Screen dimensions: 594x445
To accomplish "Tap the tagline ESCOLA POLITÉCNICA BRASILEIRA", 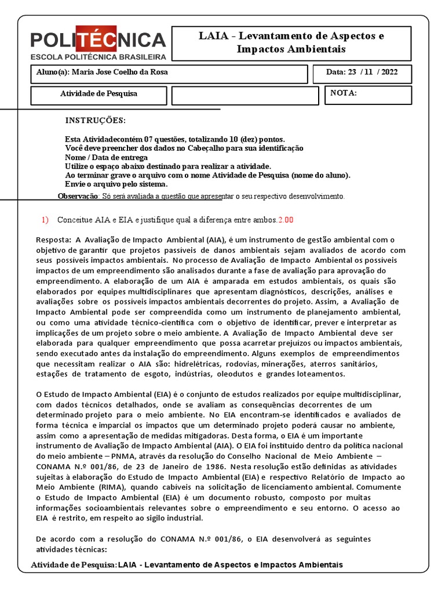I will click(x=98, y=57).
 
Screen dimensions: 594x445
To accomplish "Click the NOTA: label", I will click(x=344, y=93).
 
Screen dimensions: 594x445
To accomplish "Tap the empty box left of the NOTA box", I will click(x=245, y=96).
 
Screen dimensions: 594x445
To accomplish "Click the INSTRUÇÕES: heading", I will click(x=95, y=121).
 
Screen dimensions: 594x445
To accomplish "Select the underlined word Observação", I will click(x=79, y=196).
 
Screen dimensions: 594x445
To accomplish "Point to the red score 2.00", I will click(x=286, y=220).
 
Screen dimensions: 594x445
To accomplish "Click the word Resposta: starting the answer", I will click(x=53, y=240).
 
